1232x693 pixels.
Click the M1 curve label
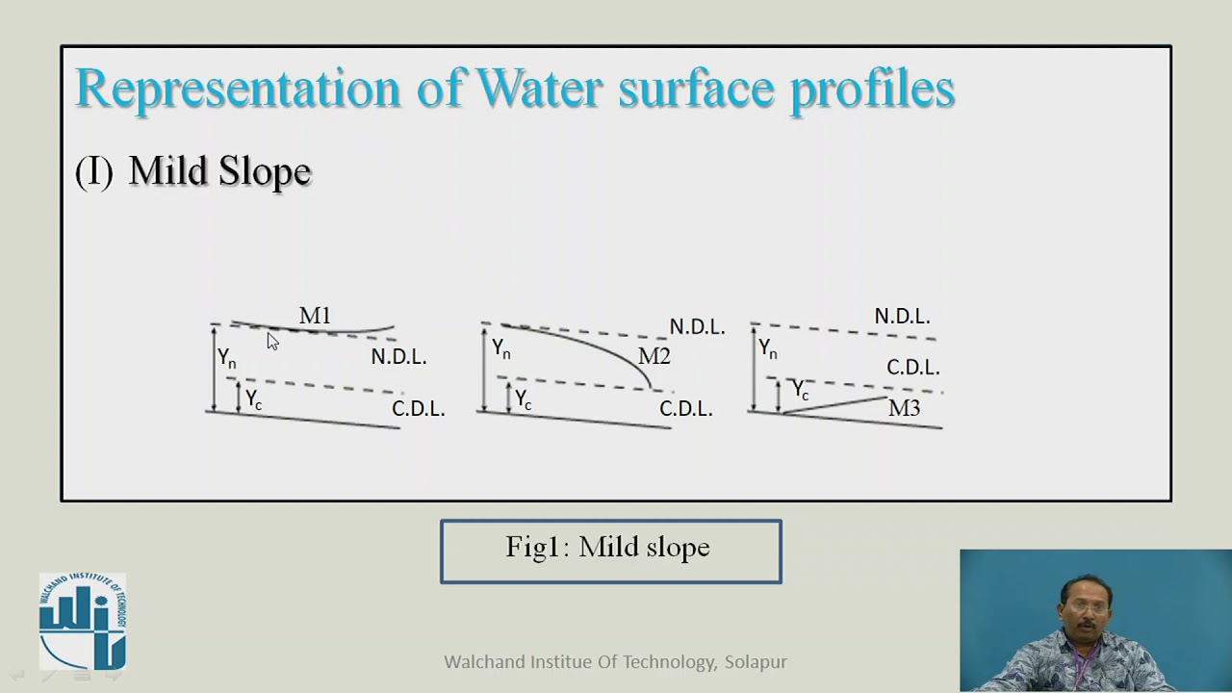[x=315, y=316]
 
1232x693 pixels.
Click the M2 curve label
[x=654, y=356]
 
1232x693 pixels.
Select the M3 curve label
[x=904, y=408]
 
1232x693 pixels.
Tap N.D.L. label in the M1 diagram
[x=398, y=357]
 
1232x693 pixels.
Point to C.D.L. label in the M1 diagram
[x=418, y=409]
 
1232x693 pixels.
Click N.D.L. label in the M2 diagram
[x=697, y=327]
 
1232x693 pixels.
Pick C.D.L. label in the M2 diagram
[x=685, y=409]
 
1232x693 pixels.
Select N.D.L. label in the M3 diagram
[x=902, y=317]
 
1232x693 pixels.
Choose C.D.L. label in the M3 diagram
[x=912, y=368]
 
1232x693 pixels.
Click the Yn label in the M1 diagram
[x=226, y=359]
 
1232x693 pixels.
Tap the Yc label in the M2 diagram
[x=523, y=399]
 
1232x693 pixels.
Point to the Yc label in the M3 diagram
[x=800, y=390]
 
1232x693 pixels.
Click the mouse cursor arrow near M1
[x=272, y=341]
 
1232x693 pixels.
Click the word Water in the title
[x=539, y=89]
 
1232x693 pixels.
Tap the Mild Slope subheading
[x=219, y=171]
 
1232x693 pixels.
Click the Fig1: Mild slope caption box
[x=610, y=551]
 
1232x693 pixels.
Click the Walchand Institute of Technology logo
[x=83, y=621]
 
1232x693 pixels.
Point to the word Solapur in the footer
[x=756, y=662]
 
